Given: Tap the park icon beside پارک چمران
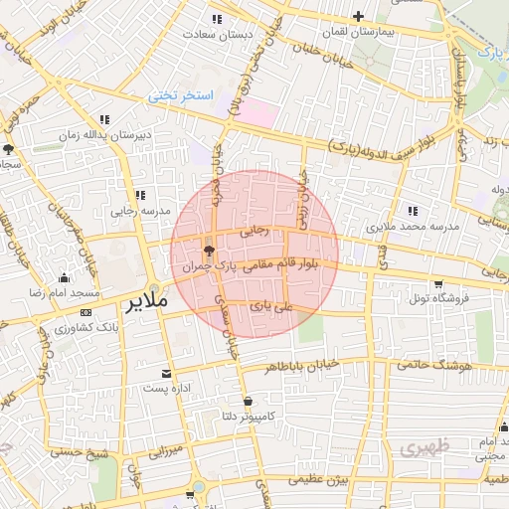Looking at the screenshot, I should tap(209, 250).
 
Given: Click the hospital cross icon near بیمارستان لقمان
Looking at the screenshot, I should tap(358, 16).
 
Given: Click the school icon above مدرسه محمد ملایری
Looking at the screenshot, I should tap(412, 211).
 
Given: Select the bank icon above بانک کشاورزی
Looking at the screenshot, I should tap(84, 311).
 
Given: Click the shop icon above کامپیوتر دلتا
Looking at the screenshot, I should tap(248, 401).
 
